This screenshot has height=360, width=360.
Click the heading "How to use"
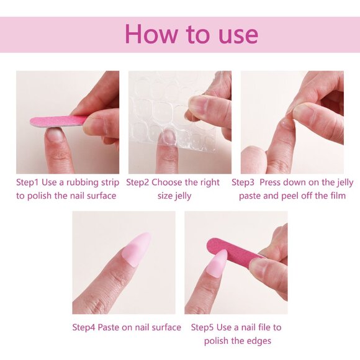coord(191,34)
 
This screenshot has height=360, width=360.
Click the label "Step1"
coord(29,182)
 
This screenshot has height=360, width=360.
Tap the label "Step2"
coord(139,182)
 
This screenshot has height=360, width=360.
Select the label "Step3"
coord(245,182)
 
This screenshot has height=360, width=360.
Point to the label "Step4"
coord(85,327)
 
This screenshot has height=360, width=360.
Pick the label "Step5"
coord(204,327)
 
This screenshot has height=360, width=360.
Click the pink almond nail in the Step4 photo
coord(138,249)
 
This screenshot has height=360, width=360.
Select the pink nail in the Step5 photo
coord(217,263)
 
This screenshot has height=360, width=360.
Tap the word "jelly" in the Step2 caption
coord(180,196)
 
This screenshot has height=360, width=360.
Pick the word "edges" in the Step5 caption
coord(259,341)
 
